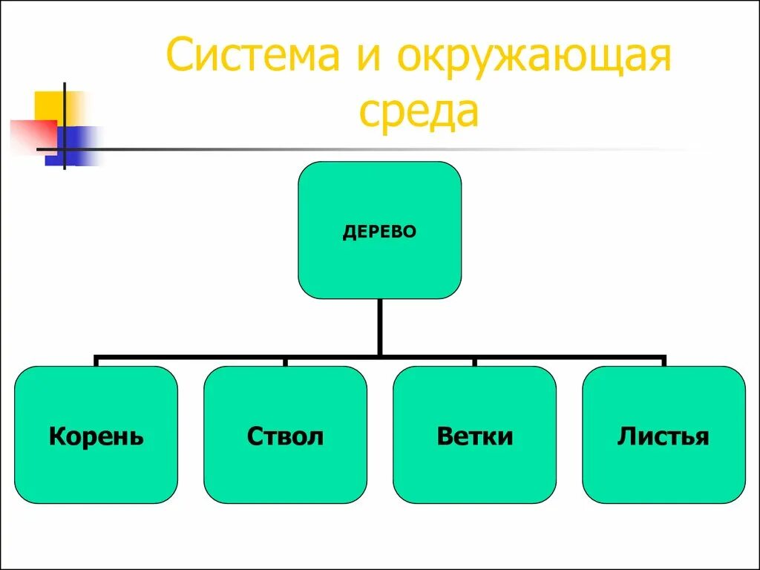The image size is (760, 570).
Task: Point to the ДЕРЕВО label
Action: click(379, 232)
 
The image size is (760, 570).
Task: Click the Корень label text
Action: click(96, 436)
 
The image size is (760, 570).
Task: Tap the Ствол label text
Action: click(285, 436)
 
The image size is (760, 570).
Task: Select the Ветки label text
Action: click(474, 436)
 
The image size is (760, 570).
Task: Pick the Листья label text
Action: click(664, 436)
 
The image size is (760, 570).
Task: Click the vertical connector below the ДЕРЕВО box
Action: click(379, 327)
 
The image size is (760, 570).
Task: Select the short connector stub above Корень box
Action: click(96, 361)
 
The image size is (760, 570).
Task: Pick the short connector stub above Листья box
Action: click(664, 361)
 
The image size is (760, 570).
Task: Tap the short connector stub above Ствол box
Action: click(285, 361)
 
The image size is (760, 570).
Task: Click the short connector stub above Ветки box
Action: click(474, 361)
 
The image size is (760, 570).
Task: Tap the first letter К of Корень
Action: click(56, 436)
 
